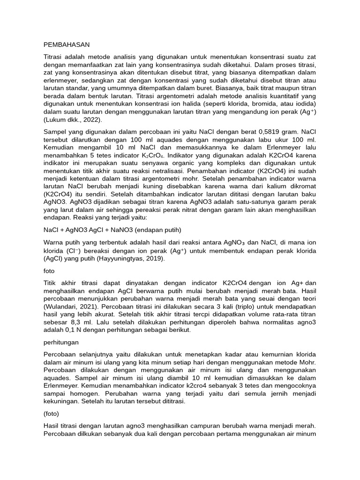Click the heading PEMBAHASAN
pos(66,45)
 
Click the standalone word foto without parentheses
pos(49,271)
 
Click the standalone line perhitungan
pos(61,342)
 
